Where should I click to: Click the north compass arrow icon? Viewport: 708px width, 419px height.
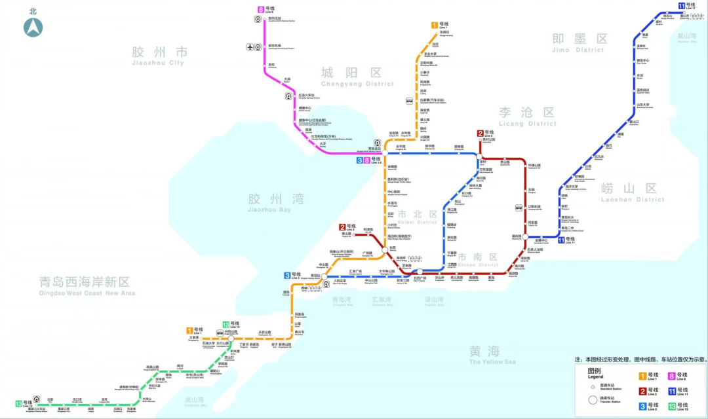(33, 27)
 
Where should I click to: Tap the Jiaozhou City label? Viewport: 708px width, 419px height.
(159, 56)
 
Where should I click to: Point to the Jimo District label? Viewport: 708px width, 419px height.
(578, 43)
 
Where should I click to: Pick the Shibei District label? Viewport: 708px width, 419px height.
(417, 218)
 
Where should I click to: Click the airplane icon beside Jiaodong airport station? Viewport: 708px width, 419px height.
(250, 46)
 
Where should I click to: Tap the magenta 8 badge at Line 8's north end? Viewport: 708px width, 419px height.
(260, 9)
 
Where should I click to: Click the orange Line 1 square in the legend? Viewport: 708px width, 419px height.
(643, 376)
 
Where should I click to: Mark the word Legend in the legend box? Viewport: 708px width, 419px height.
(595, 376)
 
